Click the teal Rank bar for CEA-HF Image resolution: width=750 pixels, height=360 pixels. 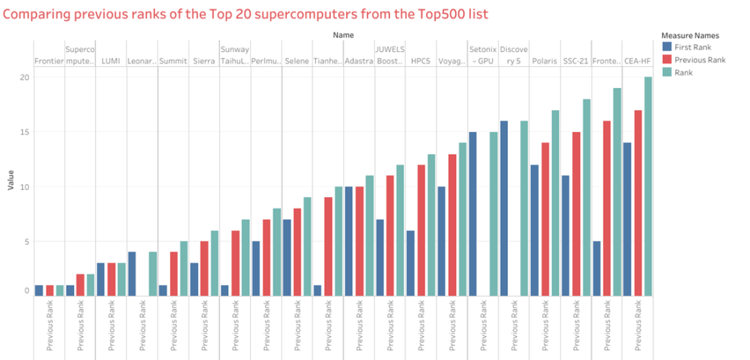pyautogui.click(x=648, y=186)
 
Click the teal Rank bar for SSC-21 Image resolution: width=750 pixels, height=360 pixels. pyautogui.click(x=586, y=197)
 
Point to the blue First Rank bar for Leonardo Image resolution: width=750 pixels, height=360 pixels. pyautogui.click(x=132, y=273)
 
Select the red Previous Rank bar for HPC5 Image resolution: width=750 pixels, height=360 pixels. pyautogui.click(x=422, y=230)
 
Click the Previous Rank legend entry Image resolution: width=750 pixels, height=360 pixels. pyautogui.click(x=698, y=59)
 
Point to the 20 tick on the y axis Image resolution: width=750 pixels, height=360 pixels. pyautogui.click(x=26, y=78)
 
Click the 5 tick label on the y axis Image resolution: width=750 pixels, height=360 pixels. pyautogui.click(x=26, y=241)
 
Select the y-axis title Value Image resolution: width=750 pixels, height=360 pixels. pyautogui.click(x=11, y=180)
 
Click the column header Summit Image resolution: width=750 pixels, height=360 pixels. pyautogui.click(x=173, y=62)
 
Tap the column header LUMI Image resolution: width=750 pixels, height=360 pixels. pyautogui.click(x=111, y=62)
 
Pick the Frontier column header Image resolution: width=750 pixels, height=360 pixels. pyautogui.click(x=49, y=62)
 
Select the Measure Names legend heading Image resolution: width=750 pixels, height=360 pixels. pyautogui.click(x=689, y=34)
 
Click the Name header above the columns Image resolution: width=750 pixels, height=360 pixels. pyautogui.click(x=343, y=34)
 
